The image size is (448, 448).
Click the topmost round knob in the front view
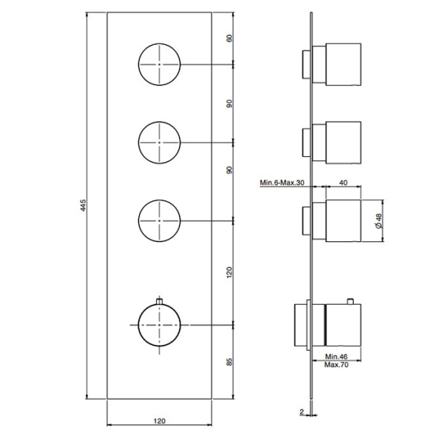tap(160, 63)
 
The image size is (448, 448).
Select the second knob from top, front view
tap(160, 141)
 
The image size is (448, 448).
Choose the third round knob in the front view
tap(160, 219)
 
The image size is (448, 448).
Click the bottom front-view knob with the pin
tap(160, 325)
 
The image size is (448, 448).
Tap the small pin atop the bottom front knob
tap(160, 300)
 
